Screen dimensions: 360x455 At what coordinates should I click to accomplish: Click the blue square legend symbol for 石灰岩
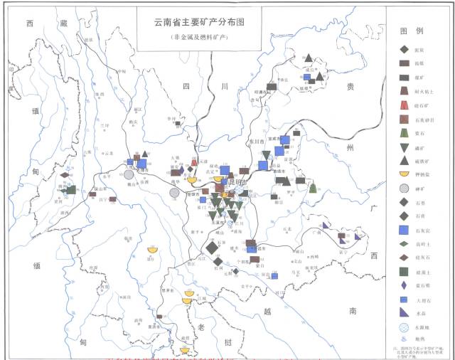coord(404,230)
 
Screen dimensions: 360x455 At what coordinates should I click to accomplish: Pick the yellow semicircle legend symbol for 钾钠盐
coord(404,174)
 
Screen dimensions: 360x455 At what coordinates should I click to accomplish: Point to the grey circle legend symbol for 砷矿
coord(404,189)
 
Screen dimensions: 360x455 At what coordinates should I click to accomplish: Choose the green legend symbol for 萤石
coord(404,133)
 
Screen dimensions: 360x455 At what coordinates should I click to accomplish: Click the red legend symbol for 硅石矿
coord(404,105)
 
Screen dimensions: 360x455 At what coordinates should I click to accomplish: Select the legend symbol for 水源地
coord(404,328)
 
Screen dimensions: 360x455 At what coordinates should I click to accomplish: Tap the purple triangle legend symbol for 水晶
coord(404,313)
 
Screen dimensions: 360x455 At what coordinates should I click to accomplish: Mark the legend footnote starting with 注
coord(419,350)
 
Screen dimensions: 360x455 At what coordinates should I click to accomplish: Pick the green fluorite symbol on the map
coord(313,188)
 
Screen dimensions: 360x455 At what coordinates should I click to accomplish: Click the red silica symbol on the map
coord(194,163)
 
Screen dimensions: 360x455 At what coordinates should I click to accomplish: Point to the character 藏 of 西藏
coord(65,23)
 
